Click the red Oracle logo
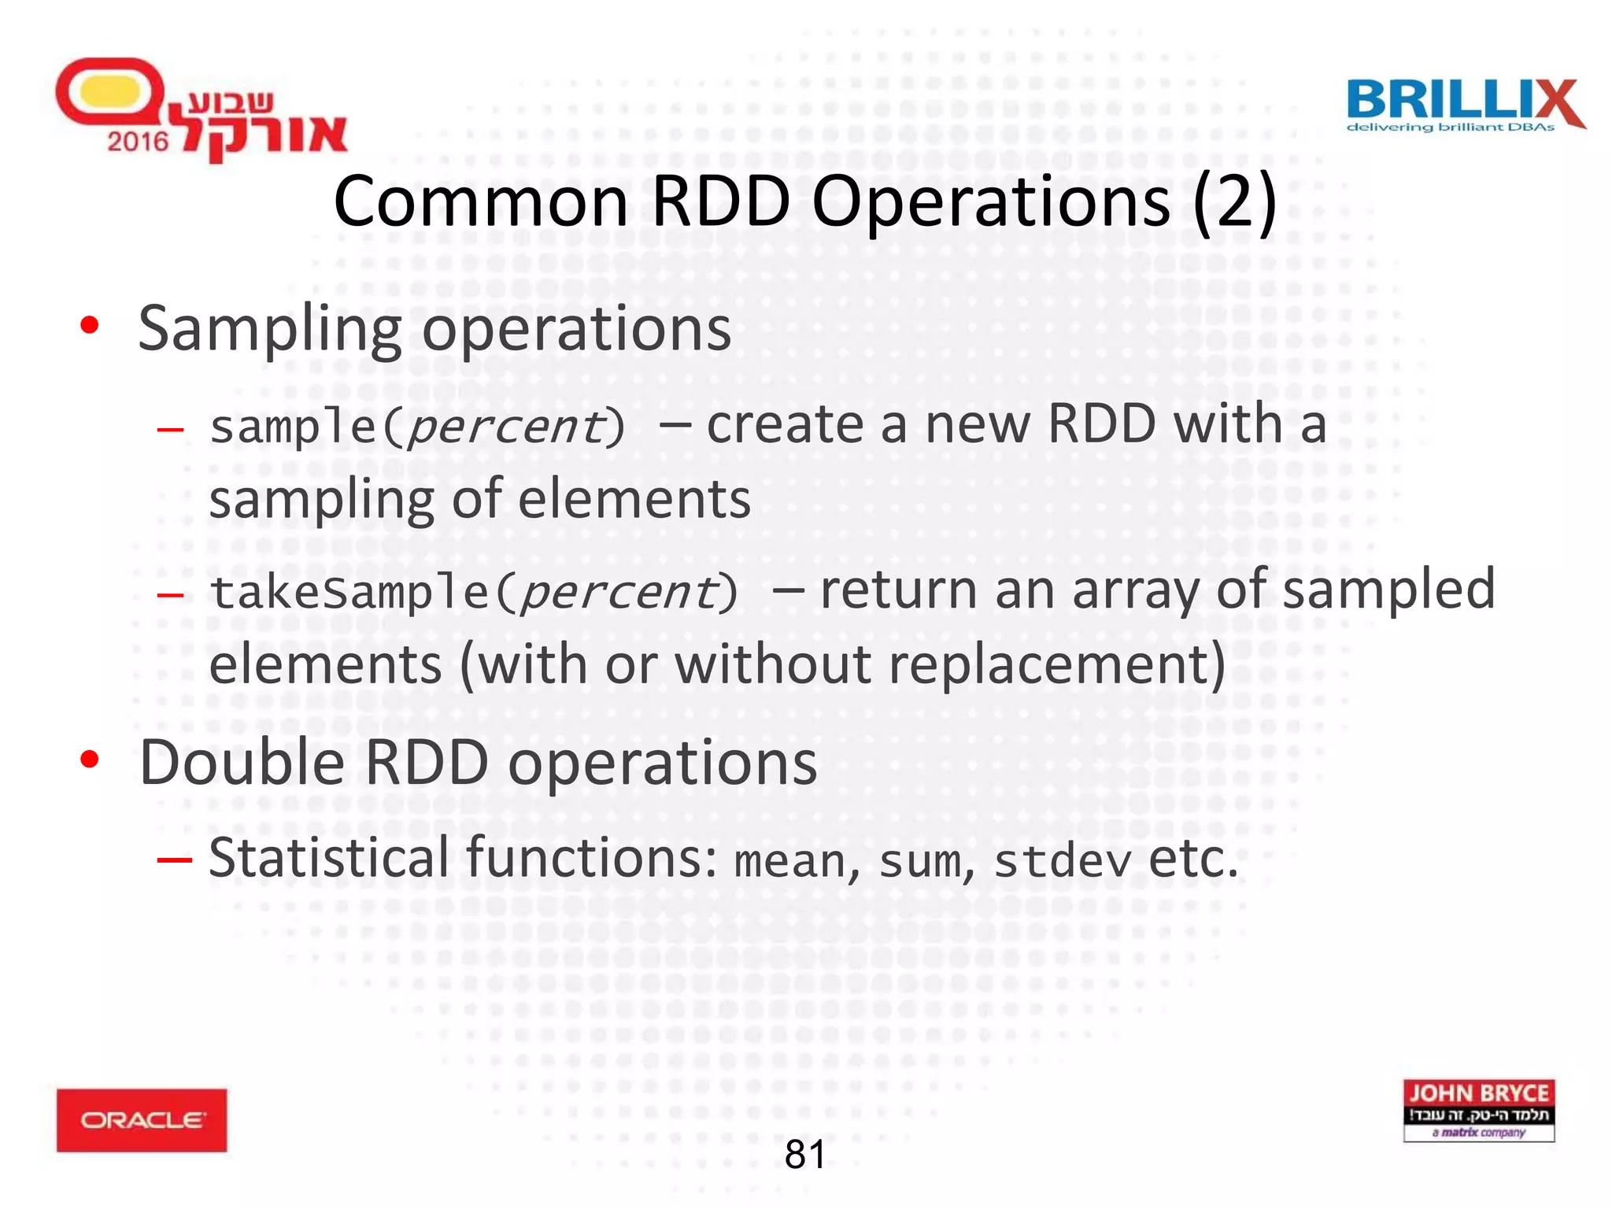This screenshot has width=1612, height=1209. pyautogui.click(x=142, y=1119)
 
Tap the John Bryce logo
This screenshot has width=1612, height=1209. pyautogui.click(x=1478, y=1110)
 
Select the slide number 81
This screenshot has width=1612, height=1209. pyautogui.click(x=805, y=1154)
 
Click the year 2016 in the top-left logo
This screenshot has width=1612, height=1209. pyautogui.click(x=138, y=142)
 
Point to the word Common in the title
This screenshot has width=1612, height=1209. pyautogui.click(x=480, y=201)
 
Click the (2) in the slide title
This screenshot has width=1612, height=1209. pyautogui.click(x=1234, y=201)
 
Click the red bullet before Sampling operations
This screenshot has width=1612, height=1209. pyautogui.click(x=90, y=325)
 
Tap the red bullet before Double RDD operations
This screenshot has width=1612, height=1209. pyautogui.click(x=90, y=760)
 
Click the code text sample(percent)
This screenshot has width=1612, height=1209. pyautogui.click(x=417, y=427)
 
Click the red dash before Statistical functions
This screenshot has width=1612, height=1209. pyautogui.click(x=174, y=859)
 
